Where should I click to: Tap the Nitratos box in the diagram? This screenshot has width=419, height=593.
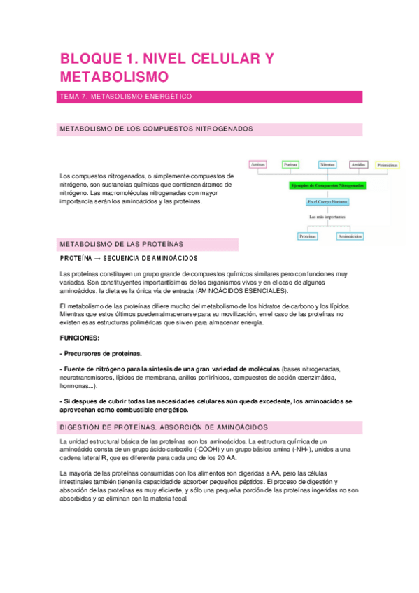[327, 164]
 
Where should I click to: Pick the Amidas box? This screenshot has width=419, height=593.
[358, 164]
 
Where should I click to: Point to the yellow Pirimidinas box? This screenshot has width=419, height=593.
[388, 165]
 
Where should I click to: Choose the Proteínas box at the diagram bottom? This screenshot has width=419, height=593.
[308, 236]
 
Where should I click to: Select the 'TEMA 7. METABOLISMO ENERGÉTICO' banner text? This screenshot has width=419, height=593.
[126, 97]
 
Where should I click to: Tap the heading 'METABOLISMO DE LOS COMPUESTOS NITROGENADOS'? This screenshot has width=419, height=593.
[156, 129]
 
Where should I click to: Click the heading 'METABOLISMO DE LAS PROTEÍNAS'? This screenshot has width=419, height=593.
[122, 244]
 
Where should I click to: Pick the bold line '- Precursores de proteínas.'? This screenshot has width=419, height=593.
[101, 353]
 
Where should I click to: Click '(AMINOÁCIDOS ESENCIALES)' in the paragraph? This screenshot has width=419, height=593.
[242, 290]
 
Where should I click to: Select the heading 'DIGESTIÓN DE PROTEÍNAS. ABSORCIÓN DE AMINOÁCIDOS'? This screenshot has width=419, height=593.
[164, 427]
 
